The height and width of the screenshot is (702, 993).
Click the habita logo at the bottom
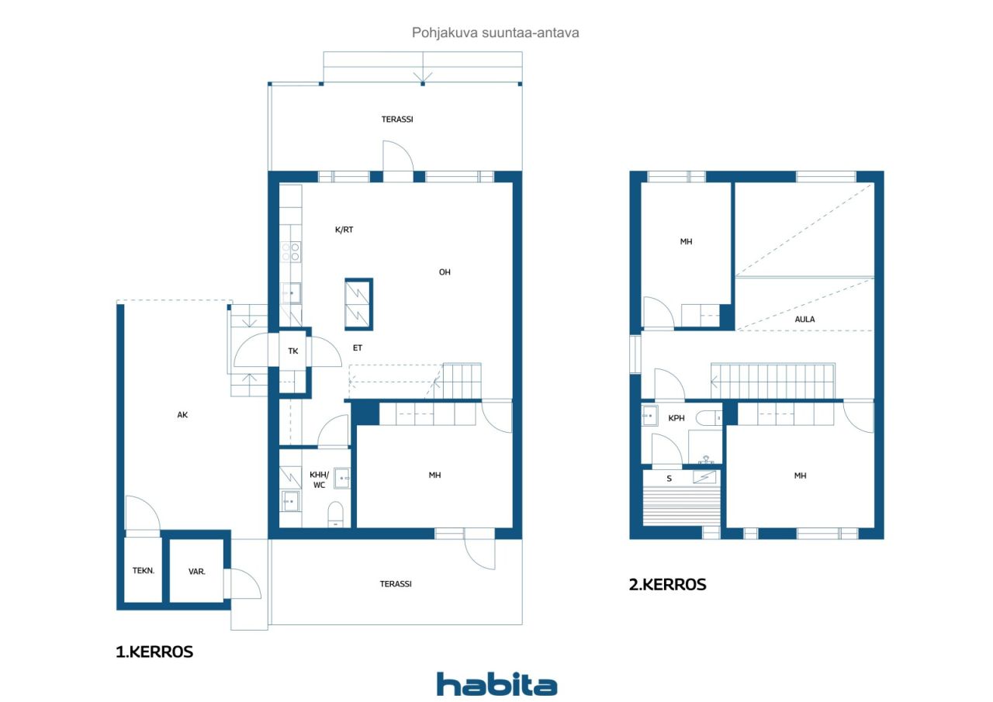tap(496, 684)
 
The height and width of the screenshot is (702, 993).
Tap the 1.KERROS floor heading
tap(154, 652)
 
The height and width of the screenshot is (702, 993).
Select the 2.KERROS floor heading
tap(667, 585)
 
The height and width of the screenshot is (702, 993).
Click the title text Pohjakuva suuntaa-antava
tap(495, 33)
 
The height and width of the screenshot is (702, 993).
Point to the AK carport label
tap(182, 415)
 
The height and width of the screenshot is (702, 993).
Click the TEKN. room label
tap(144, 570)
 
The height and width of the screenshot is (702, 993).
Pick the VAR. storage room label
tap(197, 572)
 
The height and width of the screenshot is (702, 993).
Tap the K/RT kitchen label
tap(344, 230)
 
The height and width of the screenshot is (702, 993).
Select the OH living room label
tap(445, 272)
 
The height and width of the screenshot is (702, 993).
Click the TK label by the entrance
tap(293, 351)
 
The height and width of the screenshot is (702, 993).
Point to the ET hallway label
tap(358, 348)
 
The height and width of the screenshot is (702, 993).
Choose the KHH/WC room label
tap(319, 480)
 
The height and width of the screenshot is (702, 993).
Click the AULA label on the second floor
tap(804, 319)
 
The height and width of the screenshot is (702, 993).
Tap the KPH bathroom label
tap(676, 418)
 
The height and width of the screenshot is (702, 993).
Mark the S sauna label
tap(669, 479)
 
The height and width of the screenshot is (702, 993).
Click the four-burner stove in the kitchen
tap(291, 252)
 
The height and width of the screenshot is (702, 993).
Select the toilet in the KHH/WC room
tap(335, 514)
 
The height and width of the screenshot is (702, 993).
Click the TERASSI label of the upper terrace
tap(397, 119)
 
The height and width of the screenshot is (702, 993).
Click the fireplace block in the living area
tap(358, 304)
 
